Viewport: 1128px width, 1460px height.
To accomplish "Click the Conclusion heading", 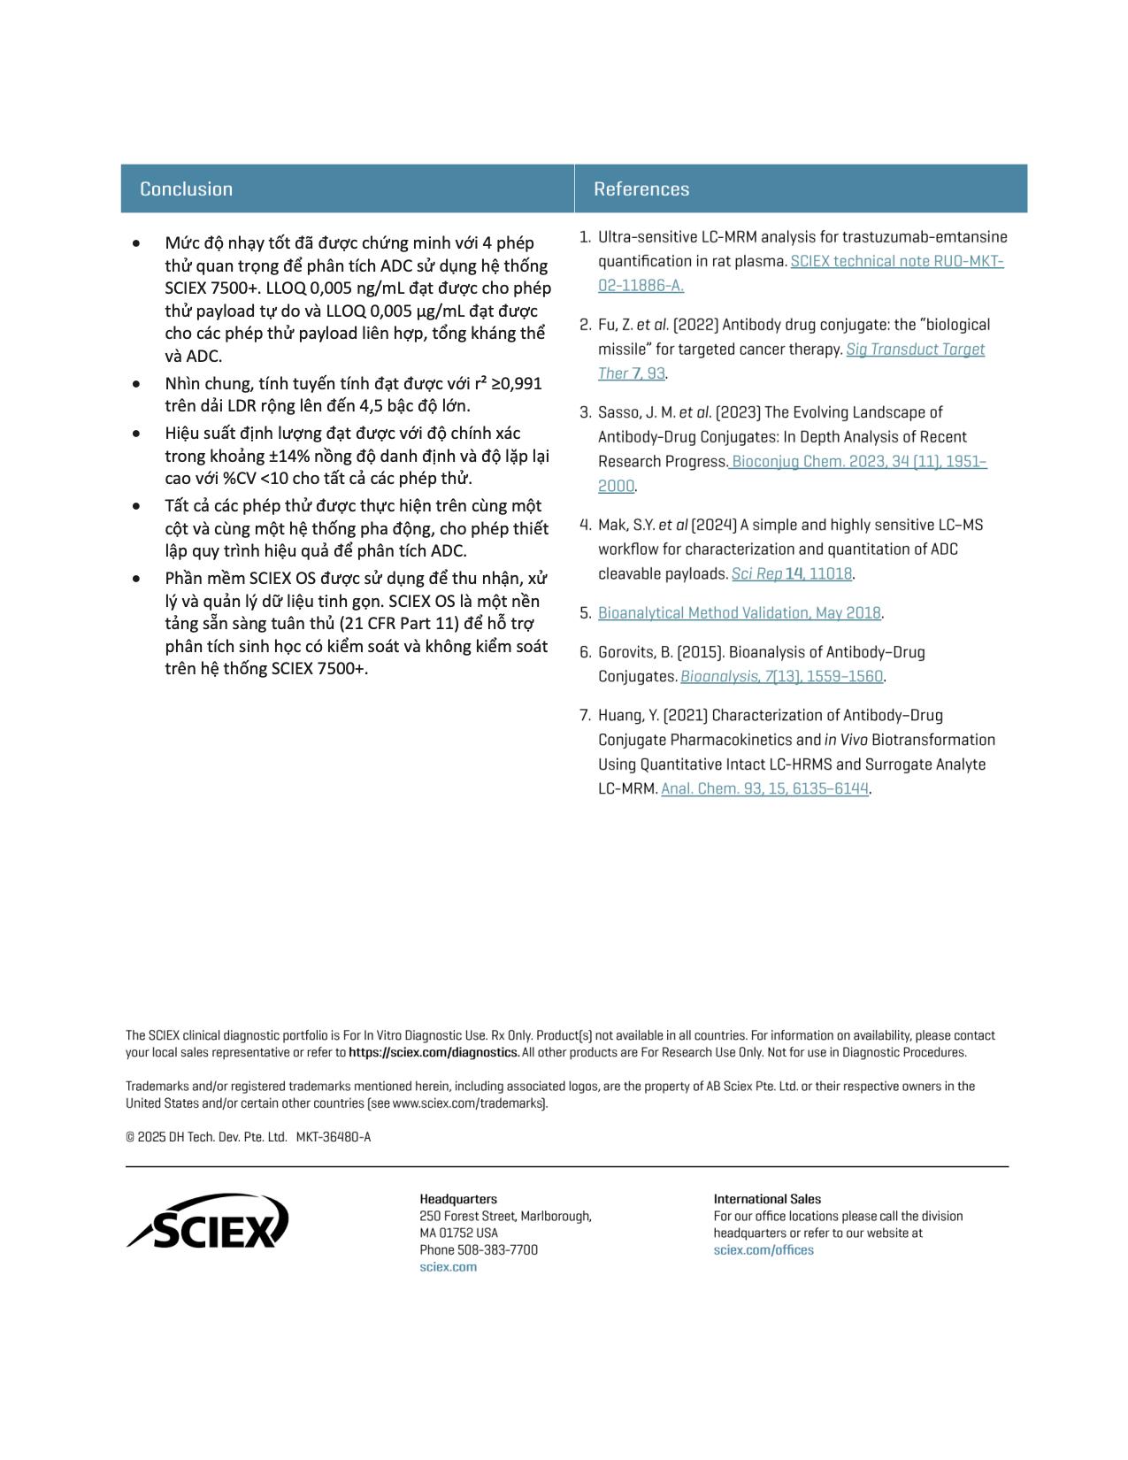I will pos(186,188).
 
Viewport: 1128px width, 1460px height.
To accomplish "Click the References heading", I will pos(641,188).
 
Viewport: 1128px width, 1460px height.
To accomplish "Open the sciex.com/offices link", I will pos(764,1249).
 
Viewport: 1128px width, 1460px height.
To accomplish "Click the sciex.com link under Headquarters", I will pos(448,1266).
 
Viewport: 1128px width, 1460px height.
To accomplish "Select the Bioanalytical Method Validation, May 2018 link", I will pos(739,612).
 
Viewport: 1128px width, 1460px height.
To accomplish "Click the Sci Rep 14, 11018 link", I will pos(791,573).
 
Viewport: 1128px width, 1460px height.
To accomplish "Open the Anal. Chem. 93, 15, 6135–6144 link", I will pos(764,788).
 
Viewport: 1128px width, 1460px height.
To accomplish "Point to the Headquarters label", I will pos(458,1199).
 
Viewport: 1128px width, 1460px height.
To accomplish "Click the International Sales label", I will pos(767,1199).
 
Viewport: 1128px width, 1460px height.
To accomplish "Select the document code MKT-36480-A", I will pos(334,1137).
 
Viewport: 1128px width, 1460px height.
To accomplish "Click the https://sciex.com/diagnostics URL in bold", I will pos(434,1052).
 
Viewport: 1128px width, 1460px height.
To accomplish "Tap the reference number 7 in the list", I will pos(585,715).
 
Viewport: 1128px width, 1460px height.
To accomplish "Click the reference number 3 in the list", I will pos(585,412).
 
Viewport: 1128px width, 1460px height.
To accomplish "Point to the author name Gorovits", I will pos(625,652).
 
